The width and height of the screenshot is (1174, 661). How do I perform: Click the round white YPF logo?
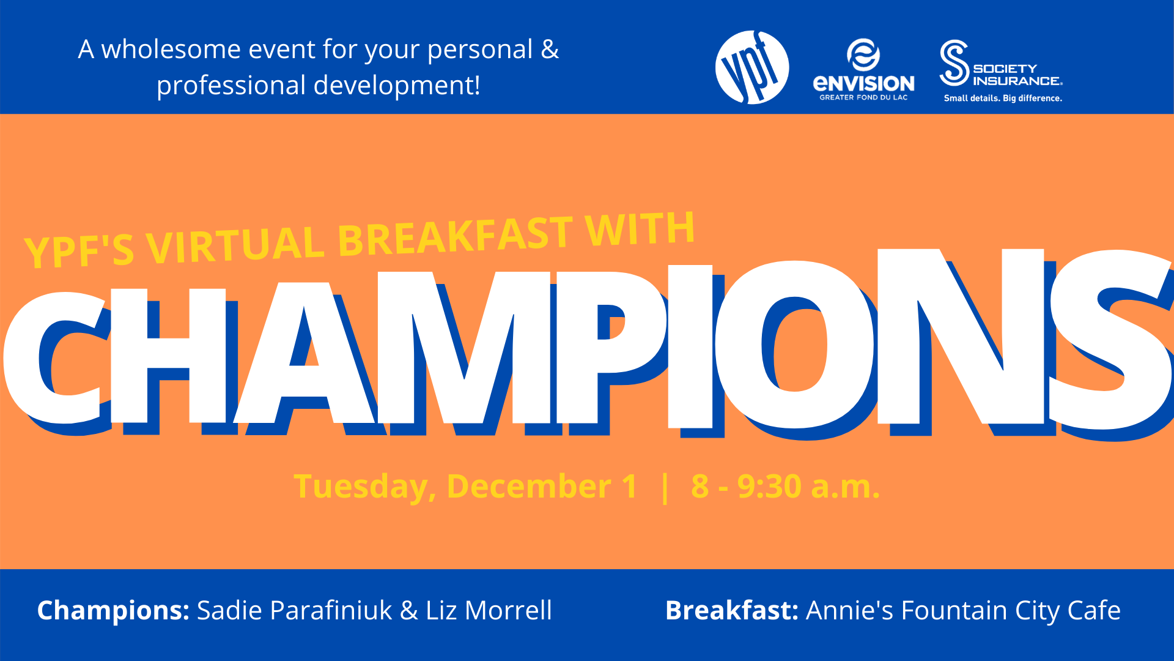[752, 67]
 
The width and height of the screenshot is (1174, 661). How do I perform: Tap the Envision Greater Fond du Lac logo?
[863, 70]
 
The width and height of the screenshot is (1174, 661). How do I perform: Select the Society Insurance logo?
[1002, 71]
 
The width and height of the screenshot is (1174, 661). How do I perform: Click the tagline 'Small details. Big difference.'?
[1003, 98]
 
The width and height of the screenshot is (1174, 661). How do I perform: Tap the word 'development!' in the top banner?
[397, 85]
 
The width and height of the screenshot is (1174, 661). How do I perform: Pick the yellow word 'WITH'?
[640, 229]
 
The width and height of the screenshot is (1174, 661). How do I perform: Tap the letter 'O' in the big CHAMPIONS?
[794, 344]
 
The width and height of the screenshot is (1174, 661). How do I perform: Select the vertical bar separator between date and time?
[665, 487]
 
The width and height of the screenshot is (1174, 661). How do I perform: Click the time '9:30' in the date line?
[769, 487]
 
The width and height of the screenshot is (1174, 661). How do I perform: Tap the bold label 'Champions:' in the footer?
[113, 611]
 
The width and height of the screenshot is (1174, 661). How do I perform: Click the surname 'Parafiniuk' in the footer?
[331, 610]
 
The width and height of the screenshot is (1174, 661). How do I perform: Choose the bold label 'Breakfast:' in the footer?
[732, 610]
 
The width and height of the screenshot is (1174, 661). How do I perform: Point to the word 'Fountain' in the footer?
[954, 610]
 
